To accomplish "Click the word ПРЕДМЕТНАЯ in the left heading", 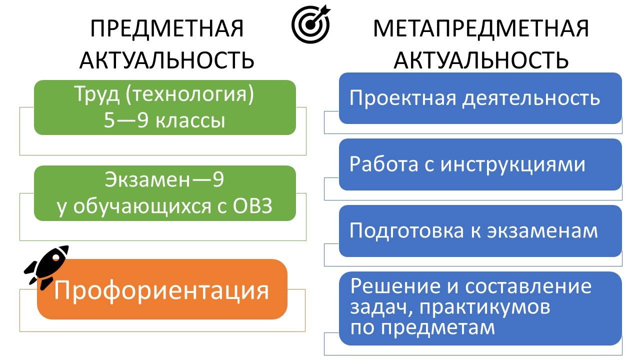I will [167, 29].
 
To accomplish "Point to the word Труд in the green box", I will [95, 95].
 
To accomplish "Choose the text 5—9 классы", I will [164, 120].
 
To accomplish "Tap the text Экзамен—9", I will [164, 180].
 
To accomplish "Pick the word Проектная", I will [402, 97].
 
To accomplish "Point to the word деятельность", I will [530, 97].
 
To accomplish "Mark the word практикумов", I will [485, 307].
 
